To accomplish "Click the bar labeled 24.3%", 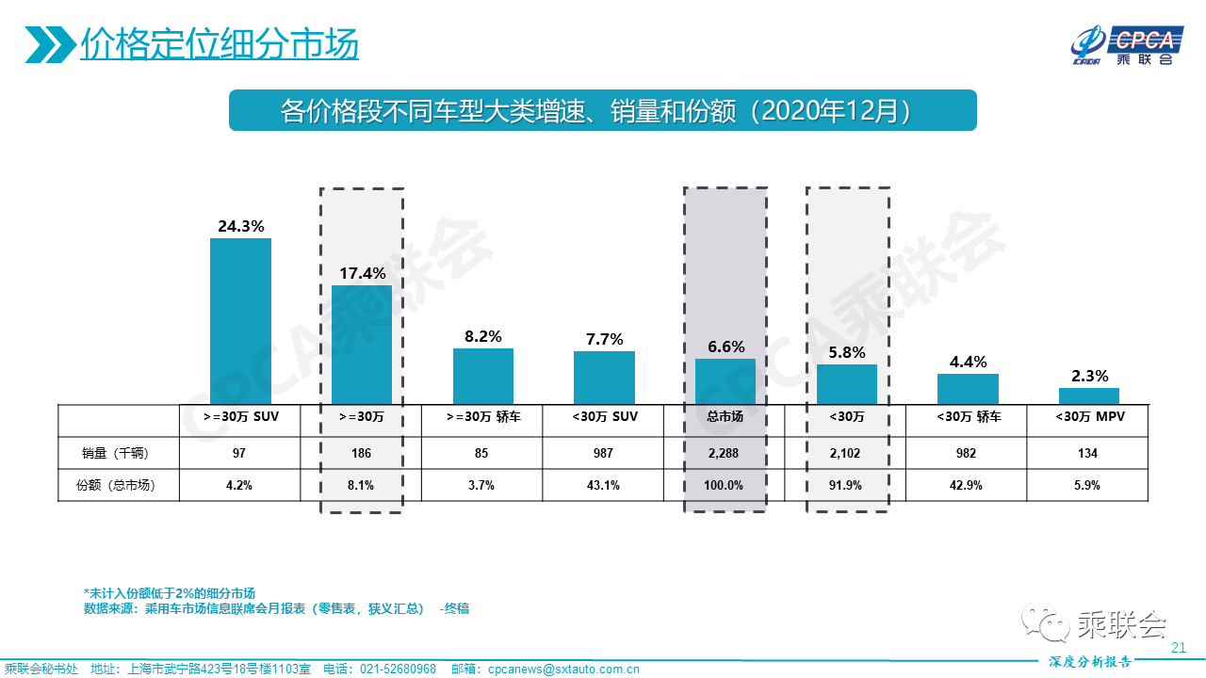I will tap(240, 321).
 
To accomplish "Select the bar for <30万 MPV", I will tap(1089, 396).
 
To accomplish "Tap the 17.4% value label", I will tap(362, 273).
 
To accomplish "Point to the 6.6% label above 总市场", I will tap(725, 347).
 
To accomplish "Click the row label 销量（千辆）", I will tap(117, 453).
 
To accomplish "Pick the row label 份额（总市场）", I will tap(117, 486).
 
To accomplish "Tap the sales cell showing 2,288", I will tap(725, 453).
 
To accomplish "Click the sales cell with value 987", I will tap(604, 453).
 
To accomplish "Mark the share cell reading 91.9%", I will tap(846, 486).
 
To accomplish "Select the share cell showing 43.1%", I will tap(604, 486).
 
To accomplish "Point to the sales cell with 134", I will tap(1089, 453).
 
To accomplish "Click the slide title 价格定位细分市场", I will tap(220, 44).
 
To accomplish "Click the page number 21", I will tap(1178, 648).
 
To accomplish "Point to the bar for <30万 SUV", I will tap(604, 378).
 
